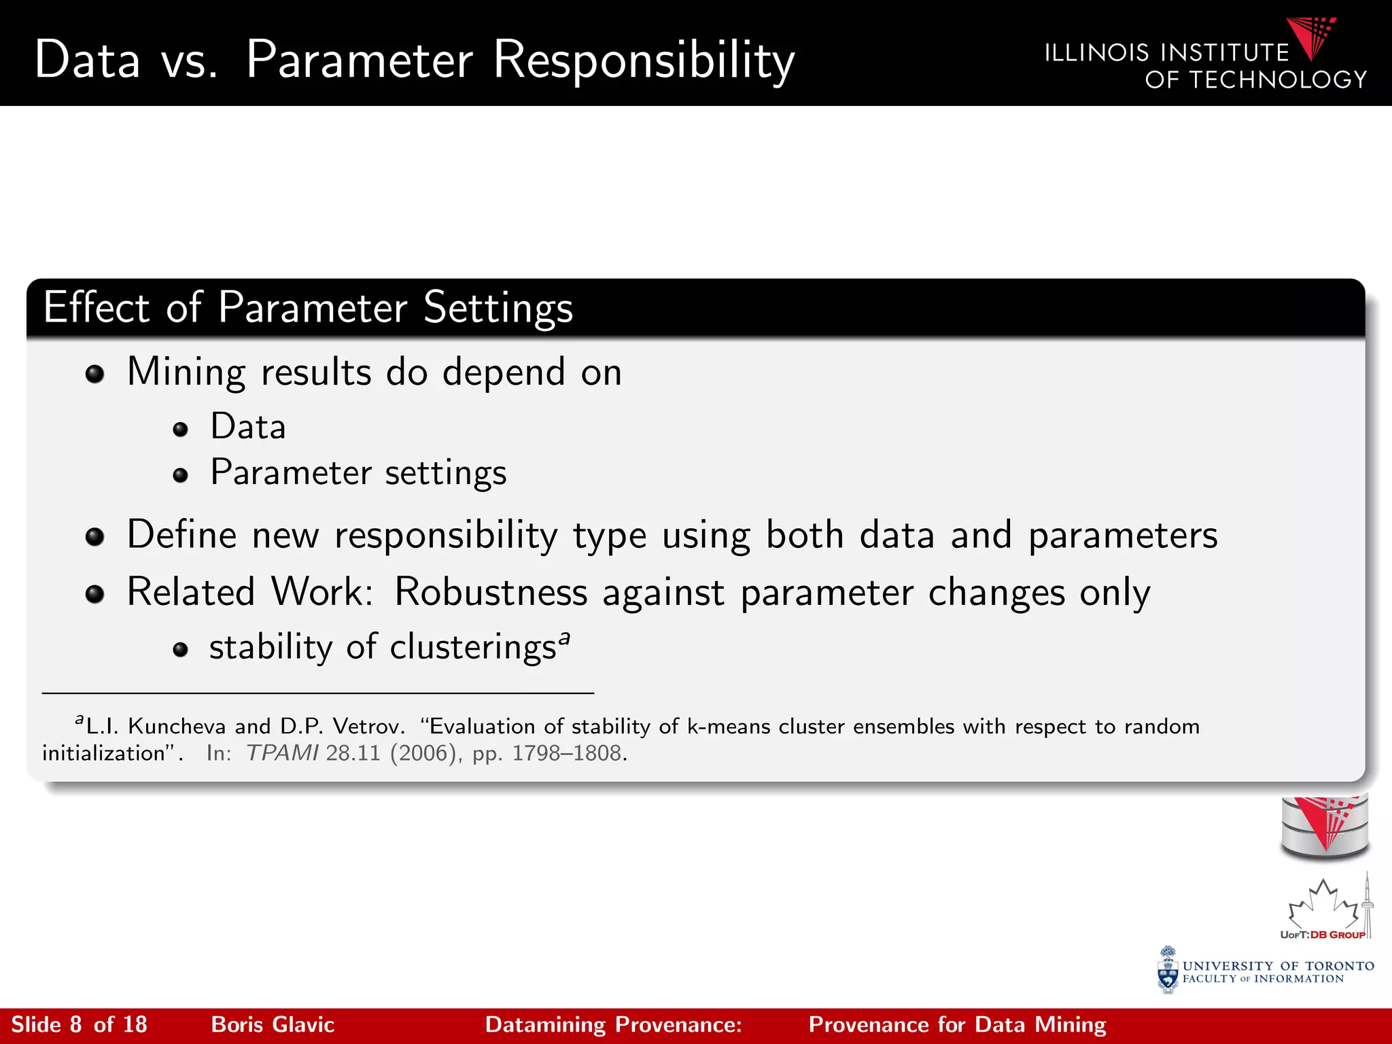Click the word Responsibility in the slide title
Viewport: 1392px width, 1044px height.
click(643, 61)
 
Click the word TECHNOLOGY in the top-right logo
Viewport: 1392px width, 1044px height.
click(1278, 80)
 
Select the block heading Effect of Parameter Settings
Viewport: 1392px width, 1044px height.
click(308, 308)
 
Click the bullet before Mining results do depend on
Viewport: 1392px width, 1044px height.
click(95, 374)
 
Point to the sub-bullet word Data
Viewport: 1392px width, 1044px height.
click(248, 427)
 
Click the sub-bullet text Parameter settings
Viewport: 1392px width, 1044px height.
click(358, 472)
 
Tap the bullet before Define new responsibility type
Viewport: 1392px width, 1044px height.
click(95, 537)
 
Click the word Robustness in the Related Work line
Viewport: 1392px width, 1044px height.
click(490, 592)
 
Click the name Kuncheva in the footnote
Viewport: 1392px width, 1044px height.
click(177, 727)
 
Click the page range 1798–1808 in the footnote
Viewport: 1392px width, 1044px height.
click(566, 753)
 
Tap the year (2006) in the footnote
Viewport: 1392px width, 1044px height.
click(422, 753)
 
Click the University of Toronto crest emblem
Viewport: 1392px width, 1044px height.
click(1168, 971)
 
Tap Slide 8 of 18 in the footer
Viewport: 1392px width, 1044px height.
click(80, 1025)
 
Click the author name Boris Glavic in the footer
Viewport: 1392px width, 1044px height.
click(273, 1025)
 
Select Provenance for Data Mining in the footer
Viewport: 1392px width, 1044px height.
click(957, 1025)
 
